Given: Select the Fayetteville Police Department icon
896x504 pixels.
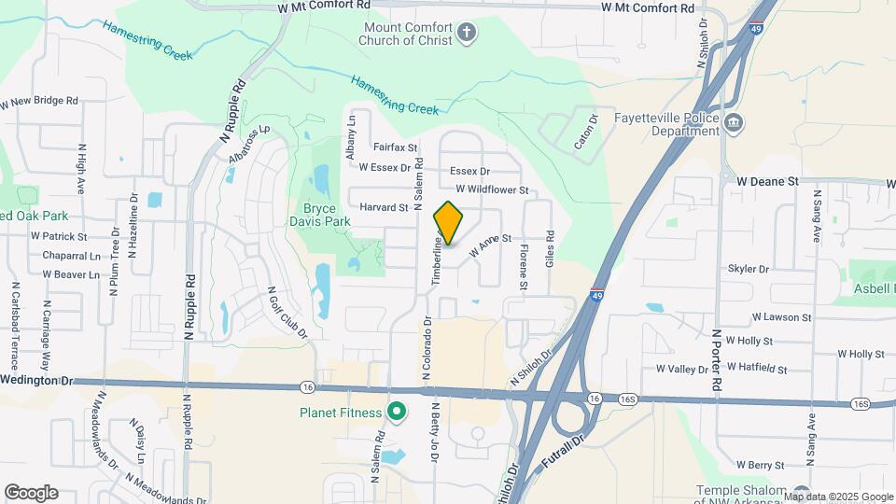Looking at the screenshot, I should [734, 122].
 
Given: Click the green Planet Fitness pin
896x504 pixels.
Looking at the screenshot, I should [398, 412].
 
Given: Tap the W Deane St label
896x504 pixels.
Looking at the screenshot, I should [768, 181].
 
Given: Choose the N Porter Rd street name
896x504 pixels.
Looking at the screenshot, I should [717, 359].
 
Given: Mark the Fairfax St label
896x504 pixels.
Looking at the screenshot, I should [394, 147].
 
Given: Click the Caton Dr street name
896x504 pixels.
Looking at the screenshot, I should [585, 133].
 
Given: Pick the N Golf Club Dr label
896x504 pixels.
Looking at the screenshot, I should [288, 312].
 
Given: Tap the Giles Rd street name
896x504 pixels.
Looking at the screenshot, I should [550, 250].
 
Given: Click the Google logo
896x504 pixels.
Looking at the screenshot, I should [31, 492].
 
